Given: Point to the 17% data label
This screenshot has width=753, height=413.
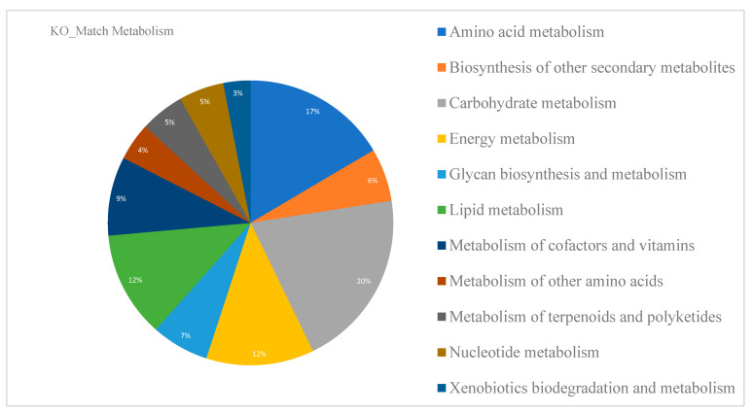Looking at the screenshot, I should tap(311, 112).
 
